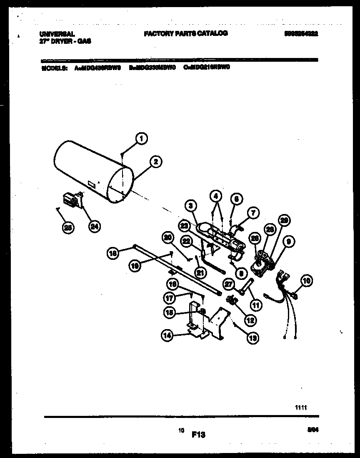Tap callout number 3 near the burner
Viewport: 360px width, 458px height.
click(190, 205)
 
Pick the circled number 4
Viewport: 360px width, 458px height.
click(216, 195)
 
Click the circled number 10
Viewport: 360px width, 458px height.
click(307, 281)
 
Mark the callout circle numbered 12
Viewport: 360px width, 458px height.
click(250, 320)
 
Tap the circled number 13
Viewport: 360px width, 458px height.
click(252, 338)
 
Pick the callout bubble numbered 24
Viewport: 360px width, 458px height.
click(95, 226)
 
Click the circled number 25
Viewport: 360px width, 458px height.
click(67, 227)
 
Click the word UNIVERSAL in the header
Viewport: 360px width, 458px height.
click(57, 34)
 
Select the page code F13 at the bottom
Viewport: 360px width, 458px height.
click(199, 435)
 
